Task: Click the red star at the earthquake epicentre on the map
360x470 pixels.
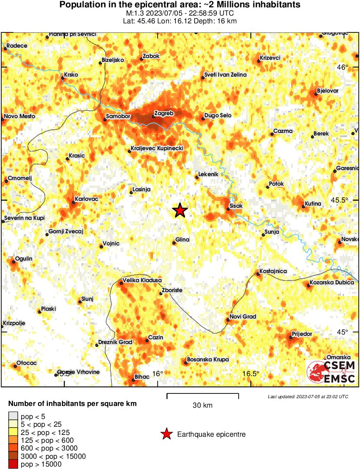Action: pos(180,210)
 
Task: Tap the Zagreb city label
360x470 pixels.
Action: pos(164,113)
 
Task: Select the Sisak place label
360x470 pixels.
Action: pos(237,206)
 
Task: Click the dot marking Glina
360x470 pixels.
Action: pos(174,243)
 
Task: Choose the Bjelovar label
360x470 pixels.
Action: pos(328,91)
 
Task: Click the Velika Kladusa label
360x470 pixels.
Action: pos(142,280)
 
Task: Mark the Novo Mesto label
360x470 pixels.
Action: pos(20,116)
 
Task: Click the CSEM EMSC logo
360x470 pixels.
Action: pos(331,372)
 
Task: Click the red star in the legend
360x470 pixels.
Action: pos(166,434)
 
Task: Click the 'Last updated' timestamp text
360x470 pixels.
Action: pos(308,396)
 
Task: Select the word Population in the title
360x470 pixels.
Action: pos(79,5)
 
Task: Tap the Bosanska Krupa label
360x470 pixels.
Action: pos(208,360)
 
